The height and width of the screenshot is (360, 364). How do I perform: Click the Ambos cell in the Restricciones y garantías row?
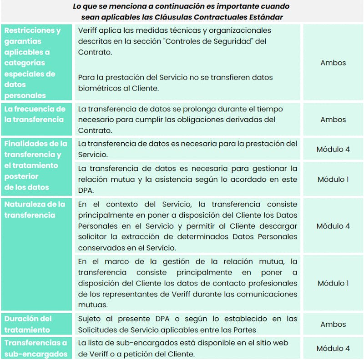333,63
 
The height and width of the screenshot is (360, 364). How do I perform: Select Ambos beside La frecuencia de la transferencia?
333,120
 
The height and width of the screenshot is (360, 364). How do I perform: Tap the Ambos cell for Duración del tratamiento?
333,325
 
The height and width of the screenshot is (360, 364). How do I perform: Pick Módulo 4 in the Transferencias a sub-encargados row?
333,349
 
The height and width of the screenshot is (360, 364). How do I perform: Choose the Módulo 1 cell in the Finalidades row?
333,179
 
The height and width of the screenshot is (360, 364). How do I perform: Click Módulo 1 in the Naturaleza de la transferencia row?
333,283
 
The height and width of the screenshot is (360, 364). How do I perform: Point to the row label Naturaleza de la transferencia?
35,210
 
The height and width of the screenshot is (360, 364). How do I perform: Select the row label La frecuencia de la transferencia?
35,114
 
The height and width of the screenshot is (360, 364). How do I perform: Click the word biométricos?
98,88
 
